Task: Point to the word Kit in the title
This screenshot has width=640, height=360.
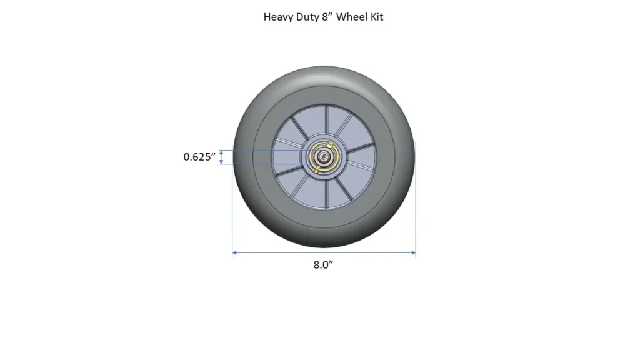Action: (376, 17)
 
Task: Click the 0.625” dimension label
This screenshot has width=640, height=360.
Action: (199, 157)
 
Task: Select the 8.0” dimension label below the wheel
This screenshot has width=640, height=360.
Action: (323, 265)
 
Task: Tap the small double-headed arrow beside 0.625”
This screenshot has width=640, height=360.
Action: (221, 157)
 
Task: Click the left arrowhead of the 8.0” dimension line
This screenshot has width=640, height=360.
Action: (235, 253)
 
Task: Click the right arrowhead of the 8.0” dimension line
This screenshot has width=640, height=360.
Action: (413, 253)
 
